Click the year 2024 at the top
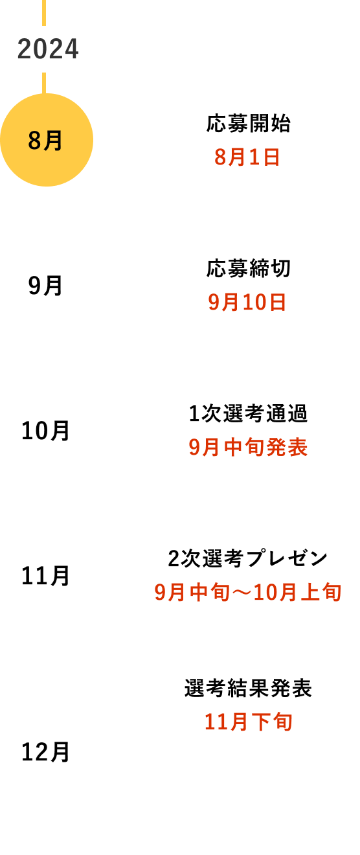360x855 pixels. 48,49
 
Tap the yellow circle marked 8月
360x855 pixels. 47,140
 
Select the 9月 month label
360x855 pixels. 45,286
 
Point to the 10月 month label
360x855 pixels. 45,431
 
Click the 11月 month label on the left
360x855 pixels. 45,576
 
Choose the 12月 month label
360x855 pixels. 45,752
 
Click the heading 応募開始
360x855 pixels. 249,123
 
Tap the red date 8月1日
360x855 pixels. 247,157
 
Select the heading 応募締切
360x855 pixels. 249,268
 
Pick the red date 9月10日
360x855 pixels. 247,302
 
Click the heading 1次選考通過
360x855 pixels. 248,413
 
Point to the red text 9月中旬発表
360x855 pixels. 248,447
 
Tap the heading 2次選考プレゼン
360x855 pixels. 248,558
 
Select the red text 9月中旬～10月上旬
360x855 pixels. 248,592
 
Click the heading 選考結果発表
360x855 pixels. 248,688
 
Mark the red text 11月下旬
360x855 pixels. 249,722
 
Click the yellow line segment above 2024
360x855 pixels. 44,13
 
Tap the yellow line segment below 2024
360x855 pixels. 44,83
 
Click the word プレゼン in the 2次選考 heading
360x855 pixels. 287,558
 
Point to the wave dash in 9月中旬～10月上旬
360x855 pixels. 242,593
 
